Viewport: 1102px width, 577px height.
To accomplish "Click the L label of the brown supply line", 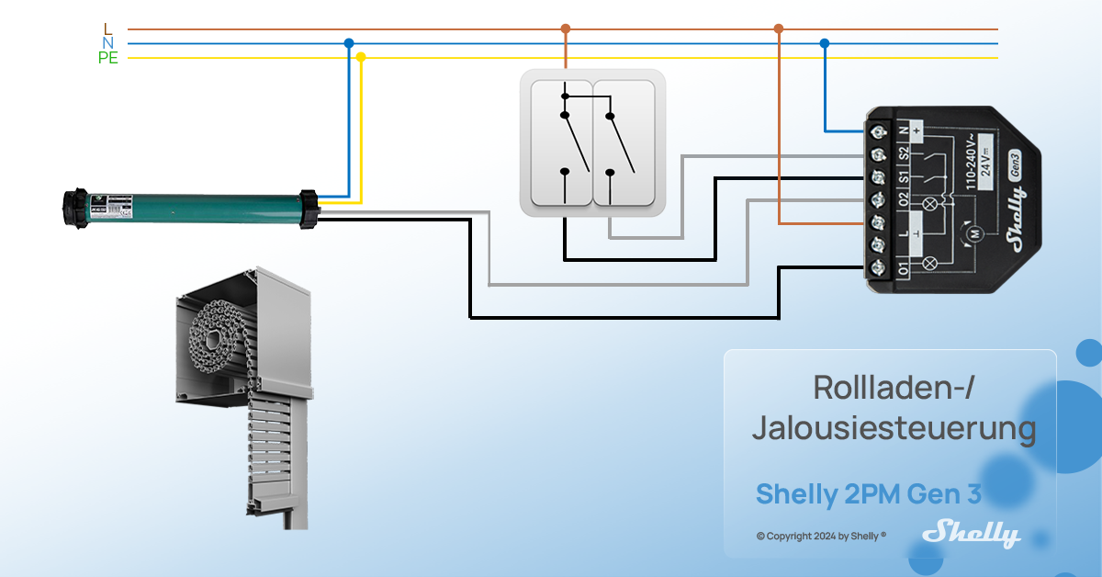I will click(x=108, y=29).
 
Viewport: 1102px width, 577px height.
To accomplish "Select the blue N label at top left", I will click(x=108, y=43).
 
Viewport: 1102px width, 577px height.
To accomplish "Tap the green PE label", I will click(x=108, y=58).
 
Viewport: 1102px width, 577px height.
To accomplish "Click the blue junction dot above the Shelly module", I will click(x=824, y=43).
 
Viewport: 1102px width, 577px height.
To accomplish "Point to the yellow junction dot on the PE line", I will click(x=361, y=57).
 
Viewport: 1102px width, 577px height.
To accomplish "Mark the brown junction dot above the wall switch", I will click(x=566, y=28).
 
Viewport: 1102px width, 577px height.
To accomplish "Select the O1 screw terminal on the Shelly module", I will click(x=877, y=267).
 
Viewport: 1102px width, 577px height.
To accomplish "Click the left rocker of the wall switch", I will click(x=557, y=142).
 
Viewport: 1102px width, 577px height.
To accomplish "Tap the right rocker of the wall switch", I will click(x=626, y=142).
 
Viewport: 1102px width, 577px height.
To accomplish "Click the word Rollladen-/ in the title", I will click(x=893, y=388).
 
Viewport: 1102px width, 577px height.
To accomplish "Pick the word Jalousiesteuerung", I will click(x=893, y=429).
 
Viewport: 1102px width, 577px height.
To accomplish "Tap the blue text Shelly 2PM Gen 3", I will click(x=868, y=494).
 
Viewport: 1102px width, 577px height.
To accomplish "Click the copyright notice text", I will click(x=820, y=536).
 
